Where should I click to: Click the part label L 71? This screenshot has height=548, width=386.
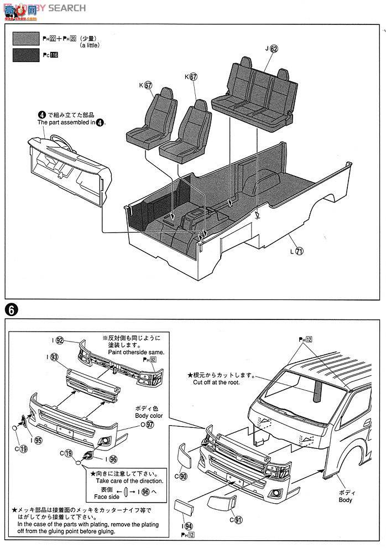coord(296,250)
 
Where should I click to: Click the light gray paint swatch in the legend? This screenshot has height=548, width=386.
coord(27,38)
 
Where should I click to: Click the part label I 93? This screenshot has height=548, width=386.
coord(53,357)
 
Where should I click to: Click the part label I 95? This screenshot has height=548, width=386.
coord(36,441)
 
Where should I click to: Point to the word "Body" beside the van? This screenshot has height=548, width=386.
coord(345,500)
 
